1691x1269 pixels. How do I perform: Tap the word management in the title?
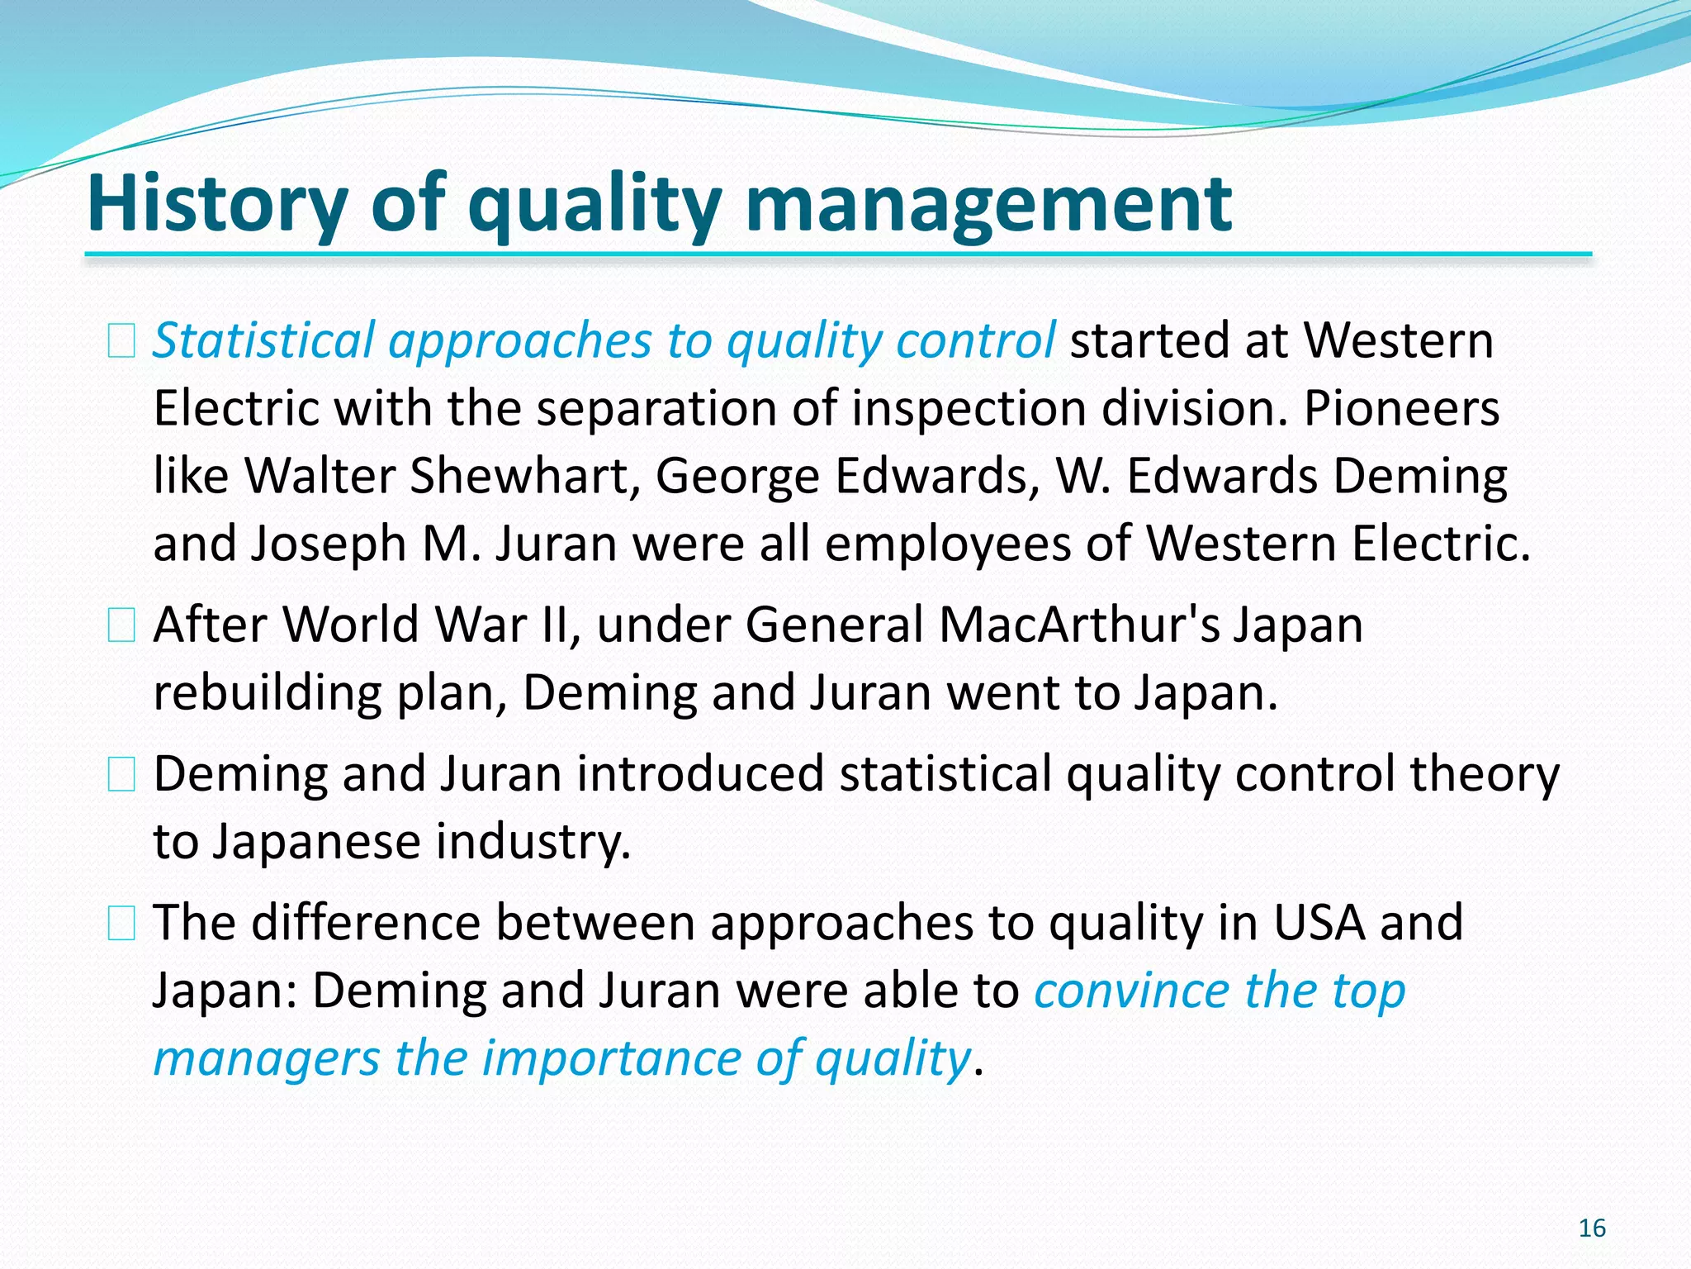(x=988, y=203)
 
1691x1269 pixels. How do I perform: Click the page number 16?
(x=1591, y=1229)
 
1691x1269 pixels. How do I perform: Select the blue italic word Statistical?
(x=263, y=340)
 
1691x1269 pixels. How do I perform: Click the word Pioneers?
(x=1401, y=409)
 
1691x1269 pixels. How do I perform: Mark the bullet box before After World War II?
(x=121, y=625)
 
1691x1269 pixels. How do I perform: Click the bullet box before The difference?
(x=121, y=924)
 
